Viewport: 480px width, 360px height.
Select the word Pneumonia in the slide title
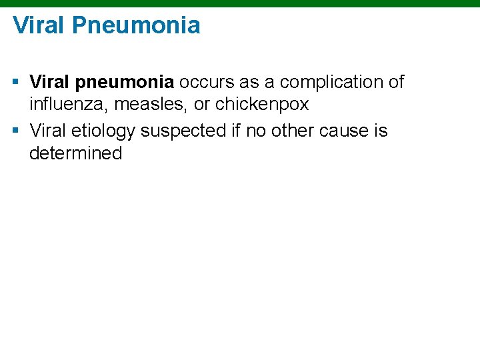coord(136,25)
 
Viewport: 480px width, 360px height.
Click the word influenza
coord(69,105)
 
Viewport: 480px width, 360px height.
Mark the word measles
coord(151,105)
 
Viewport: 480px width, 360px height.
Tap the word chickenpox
coord(262,105)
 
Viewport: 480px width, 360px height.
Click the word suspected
coord(185,131)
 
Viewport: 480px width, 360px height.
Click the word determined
coord(75,153)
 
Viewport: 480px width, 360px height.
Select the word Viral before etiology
coord(47,131)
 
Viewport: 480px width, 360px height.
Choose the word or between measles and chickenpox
coord(201,105)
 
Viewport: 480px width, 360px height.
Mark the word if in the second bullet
coord(237,131)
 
